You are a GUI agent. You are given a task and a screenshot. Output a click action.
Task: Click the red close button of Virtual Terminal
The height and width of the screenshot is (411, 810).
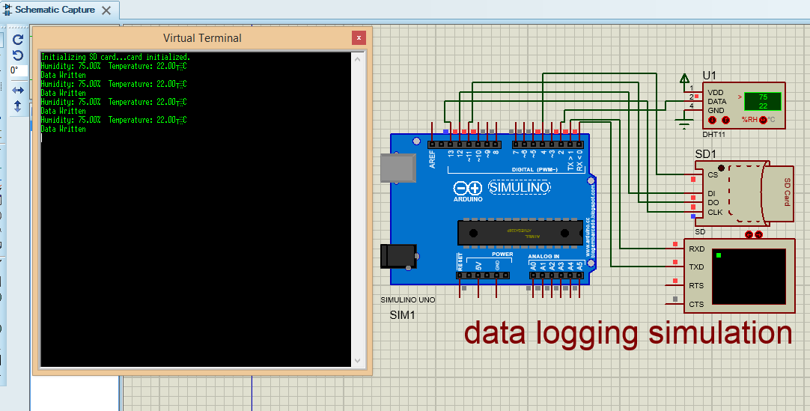pos(359,37)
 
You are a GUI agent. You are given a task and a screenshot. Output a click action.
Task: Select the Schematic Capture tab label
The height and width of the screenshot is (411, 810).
pos(55,10)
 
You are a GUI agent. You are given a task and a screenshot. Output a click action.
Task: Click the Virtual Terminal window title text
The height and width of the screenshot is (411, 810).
pos(202,37)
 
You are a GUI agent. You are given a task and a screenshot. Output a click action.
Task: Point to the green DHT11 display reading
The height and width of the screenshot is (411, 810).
pos(762,101)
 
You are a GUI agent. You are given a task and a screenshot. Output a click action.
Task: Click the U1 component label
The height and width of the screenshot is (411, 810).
pos(709,75)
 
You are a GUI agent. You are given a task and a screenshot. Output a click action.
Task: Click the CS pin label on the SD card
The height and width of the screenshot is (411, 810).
pos(712,175)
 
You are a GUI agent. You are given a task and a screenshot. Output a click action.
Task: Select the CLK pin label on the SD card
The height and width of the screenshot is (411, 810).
pos(715,212)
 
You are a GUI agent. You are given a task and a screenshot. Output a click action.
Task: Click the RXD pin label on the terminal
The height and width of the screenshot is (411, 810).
pos(696,249)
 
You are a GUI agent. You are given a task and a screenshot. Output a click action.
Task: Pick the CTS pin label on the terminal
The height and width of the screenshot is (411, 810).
pos(696,304)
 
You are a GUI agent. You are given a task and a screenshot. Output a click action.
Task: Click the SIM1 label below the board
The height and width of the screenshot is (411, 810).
pos(402,315)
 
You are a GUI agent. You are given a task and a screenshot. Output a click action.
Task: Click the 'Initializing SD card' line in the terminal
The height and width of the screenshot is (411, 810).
pos(115,57)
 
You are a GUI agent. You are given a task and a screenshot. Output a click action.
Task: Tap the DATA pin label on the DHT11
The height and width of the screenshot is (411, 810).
pos(716,101)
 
